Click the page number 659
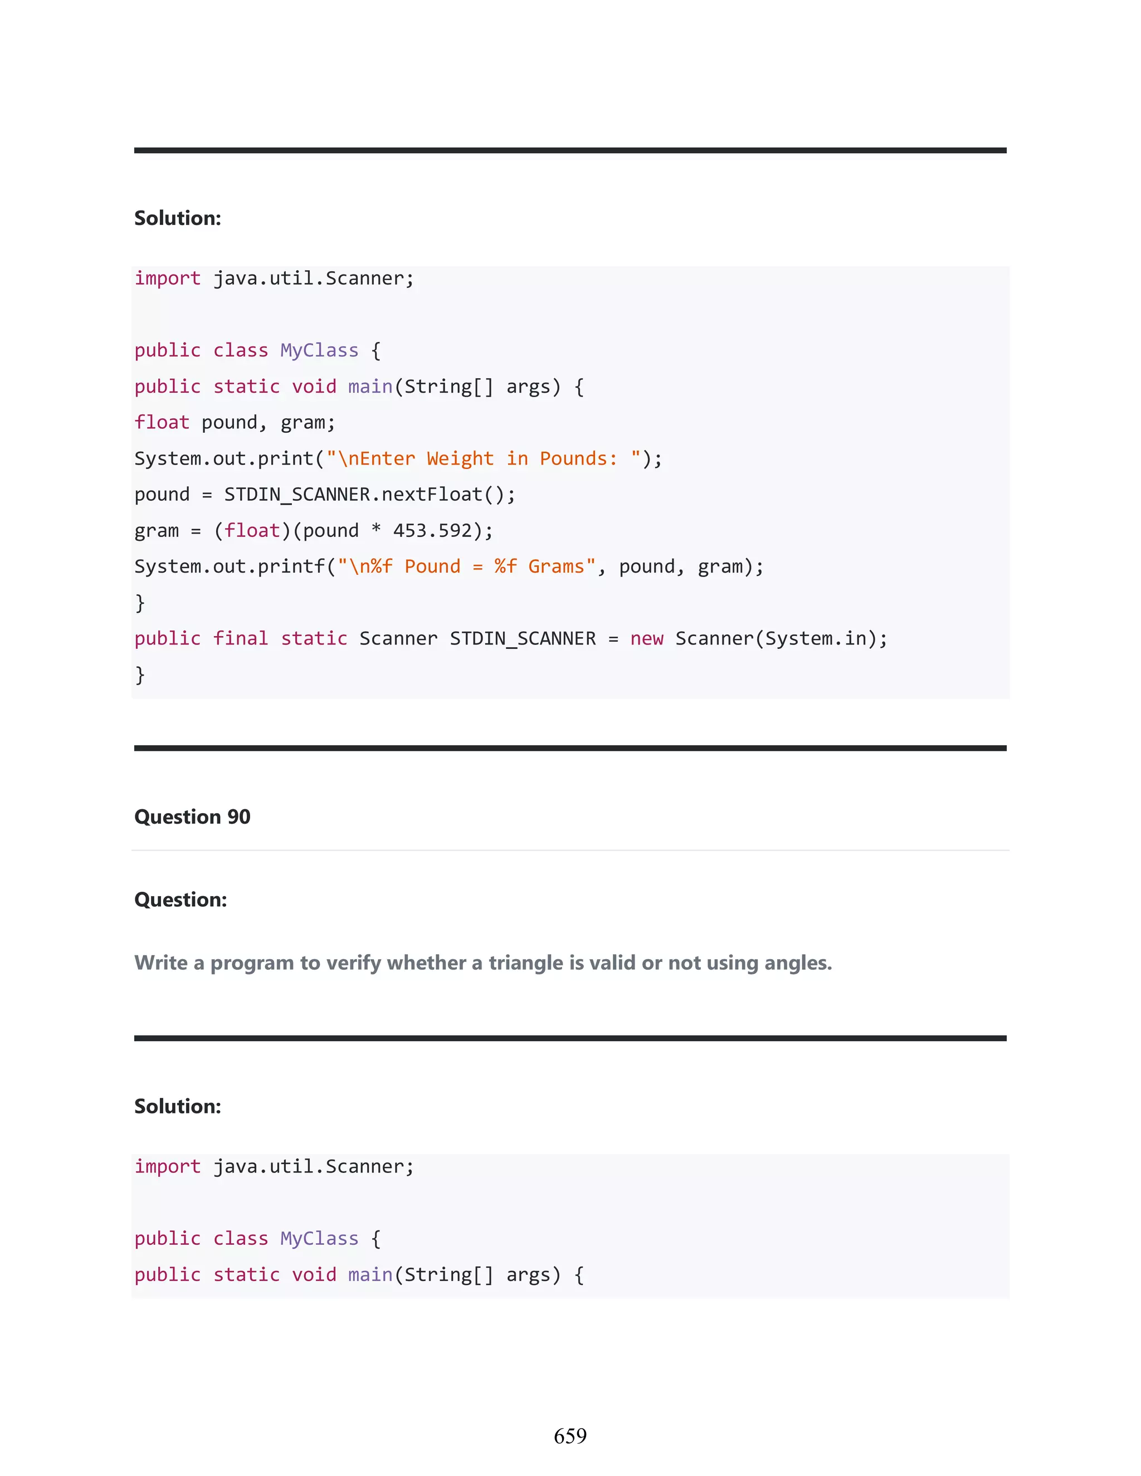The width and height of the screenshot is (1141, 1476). [x=570, y=1435]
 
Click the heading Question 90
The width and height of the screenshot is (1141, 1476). [x=192, y=817]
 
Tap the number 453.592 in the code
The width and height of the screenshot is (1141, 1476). [x=432, y=530]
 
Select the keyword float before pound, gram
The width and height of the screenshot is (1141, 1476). [x=162, y=422]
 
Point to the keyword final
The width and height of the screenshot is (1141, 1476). [x=240, y=639]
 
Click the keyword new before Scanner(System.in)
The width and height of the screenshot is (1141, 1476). [x=646, y=639]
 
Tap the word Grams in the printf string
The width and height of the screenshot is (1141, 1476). [x=555, y=566]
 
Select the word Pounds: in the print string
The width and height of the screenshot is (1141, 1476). [x=578, y=459]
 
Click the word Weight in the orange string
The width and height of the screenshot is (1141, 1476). [x=460, y=459]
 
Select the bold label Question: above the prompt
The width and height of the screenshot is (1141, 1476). [x=181, y=900]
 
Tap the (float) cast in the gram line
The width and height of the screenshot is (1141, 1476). [x=251, y=530]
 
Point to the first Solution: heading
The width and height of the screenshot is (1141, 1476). [x=177, y=218]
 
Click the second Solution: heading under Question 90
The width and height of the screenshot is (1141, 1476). [x=177, y=1106]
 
